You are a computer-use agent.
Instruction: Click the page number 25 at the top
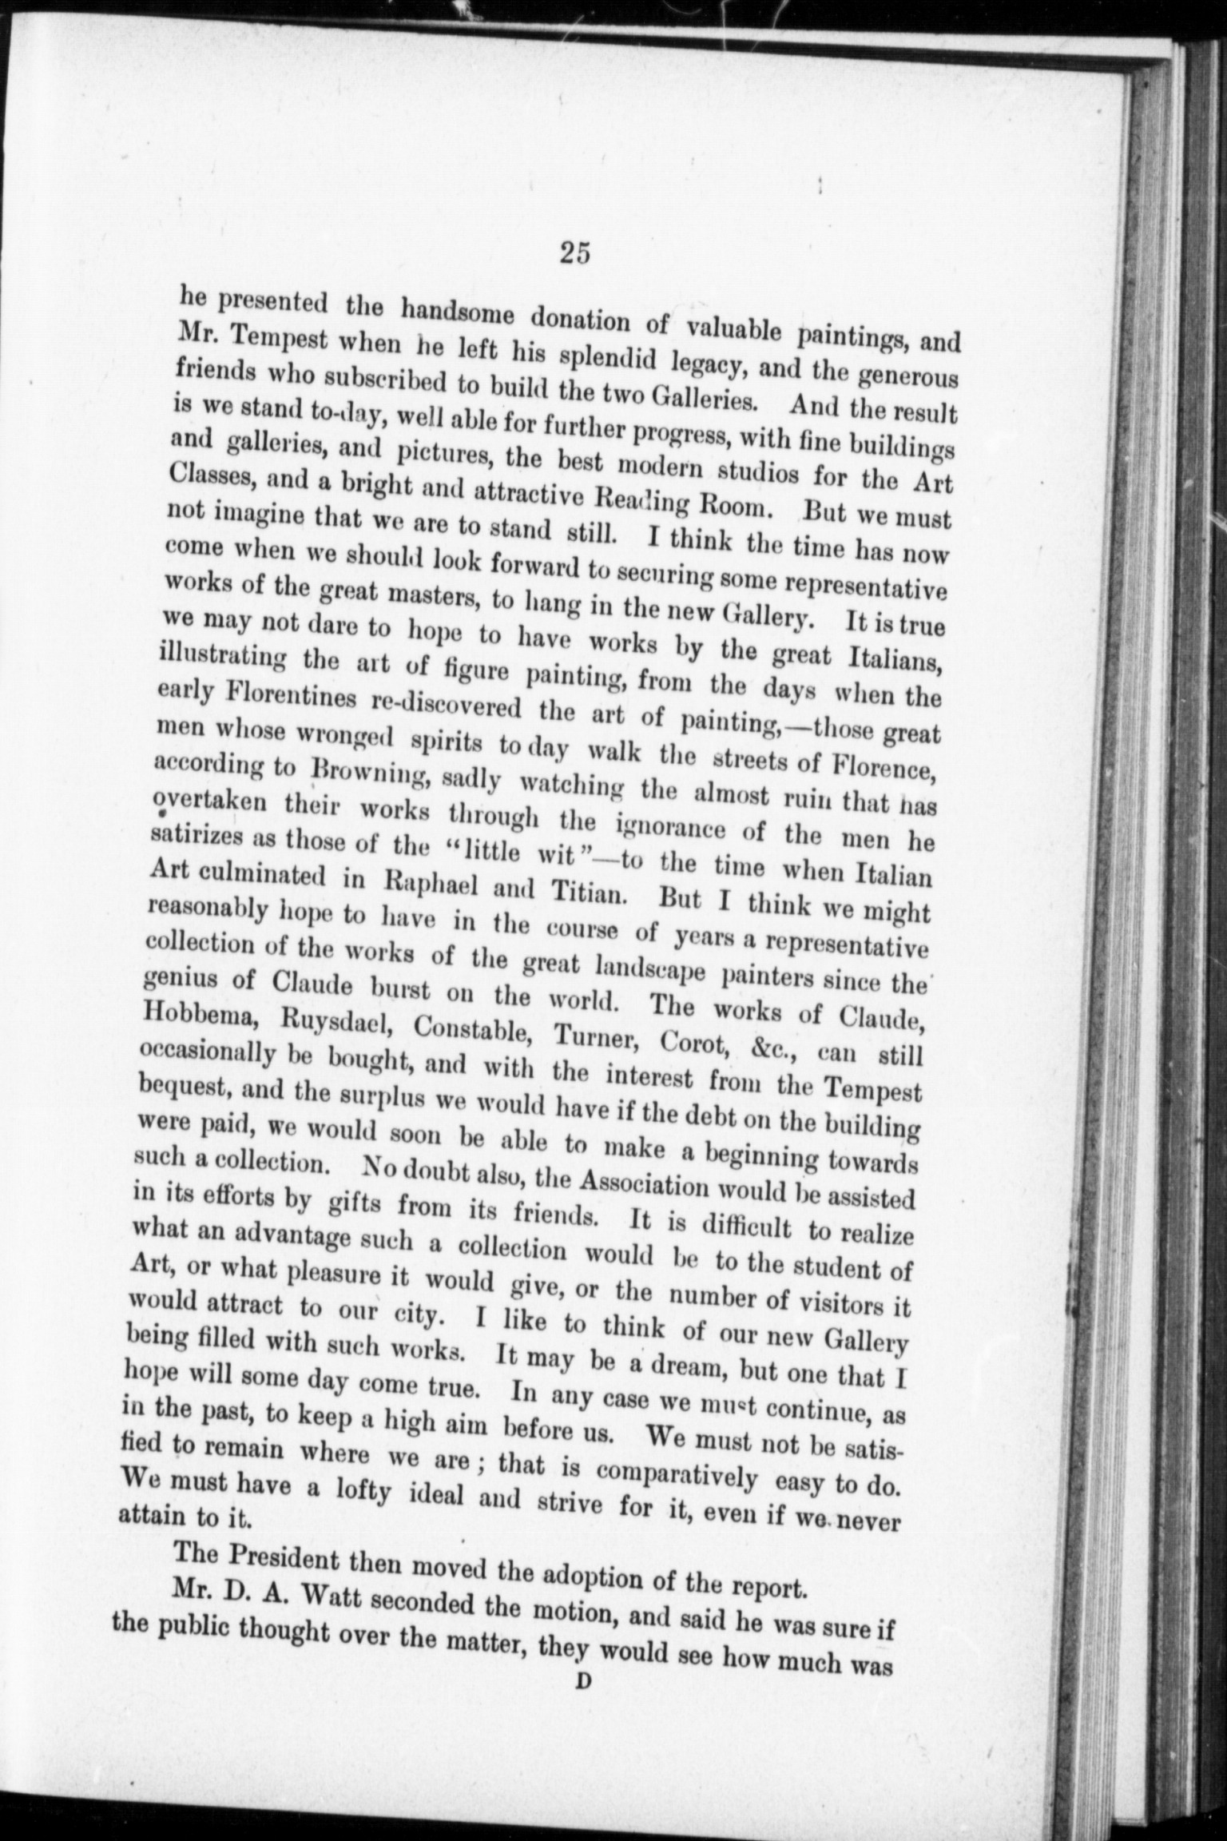(x=575, y=253)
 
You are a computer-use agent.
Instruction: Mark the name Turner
(x=596, y=1038)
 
